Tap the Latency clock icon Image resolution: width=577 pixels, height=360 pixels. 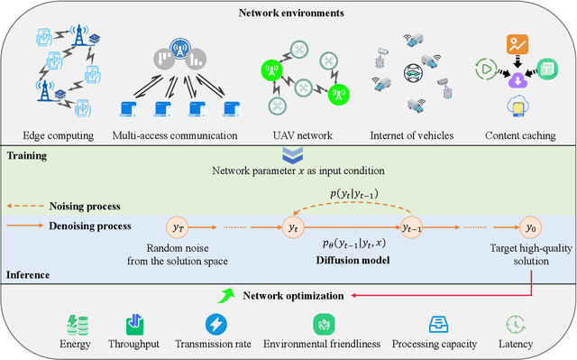[516, 324]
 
